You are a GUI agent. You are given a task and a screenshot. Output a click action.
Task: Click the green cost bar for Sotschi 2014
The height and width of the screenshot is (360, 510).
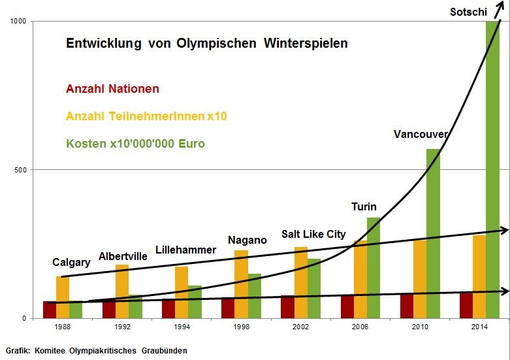[492, 170]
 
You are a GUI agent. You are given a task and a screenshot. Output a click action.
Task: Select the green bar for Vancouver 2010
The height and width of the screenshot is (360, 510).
[433, 235]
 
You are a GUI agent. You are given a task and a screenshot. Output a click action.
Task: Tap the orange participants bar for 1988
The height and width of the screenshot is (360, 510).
[63, 297]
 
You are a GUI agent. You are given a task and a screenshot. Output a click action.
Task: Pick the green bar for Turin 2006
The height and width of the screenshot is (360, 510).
[374, 268]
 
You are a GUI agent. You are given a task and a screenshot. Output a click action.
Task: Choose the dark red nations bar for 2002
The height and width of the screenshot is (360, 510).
[288, 306]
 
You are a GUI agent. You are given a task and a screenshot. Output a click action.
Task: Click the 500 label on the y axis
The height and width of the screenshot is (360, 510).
[20, 170]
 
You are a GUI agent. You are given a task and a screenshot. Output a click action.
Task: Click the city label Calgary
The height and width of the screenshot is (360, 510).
[71, 263]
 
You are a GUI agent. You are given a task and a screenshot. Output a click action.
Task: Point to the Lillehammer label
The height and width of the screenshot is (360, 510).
[185, 250]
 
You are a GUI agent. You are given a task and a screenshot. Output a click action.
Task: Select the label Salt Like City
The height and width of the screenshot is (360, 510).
[313, 234]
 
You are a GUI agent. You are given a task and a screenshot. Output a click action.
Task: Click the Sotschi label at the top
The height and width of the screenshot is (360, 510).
[468, 12]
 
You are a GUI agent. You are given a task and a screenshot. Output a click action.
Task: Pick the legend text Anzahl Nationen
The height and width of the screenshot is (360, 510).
[112, 89]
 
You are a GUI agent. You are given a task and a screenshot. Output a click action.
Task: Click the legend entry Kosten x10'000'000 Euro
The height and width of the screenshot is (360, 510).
[135, 143]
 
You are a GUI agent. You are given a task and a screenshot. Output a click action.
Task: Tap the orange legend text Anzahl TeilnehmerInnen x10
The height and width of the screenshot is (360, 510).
[146, 116]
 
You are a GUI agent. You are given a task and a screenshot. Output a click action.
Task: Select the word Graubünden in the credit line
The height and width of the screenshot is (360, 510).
[165, 351]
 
